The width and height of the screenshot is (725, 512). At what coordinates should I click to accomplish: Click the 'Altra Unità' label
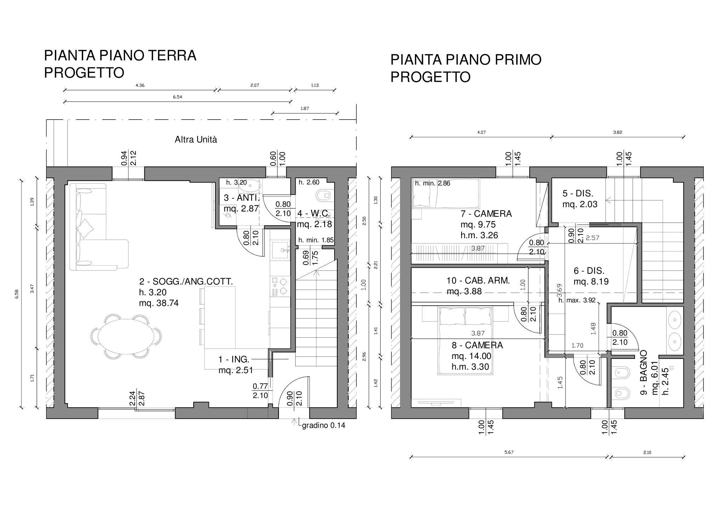click(196, 140)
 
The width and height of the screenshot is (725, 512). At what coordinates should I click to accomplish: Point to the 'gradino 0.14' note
click(323, 426)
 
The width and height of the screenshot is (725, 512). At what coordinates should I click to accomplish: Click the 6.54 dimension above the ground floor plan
click(177, 97)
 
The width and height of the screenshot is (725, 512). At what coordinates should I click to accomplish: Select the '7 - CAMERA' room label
click(486, 214)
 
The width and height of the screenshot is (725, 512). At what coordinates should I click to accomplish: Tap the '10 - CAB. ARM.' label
click(478, 281)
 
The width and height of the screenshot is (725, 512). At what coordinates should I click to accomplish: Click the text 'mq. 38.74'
click(159, 303)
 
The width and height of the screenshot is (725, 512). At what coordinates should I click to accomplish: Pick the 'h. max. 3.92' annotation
click(577, 301)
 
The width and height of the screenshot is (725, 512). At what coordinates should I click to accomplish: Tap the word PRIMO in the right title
click(518, 60)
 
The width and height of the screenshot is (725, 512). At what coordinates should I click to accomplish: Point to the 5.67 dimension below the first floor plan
click(509, 452)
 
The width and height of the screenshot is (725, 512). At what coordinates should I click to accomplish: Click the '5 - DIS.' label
click(578, 193)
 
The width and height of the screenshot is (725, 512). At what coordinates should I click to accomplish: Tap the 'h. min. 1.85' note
click(316, 240)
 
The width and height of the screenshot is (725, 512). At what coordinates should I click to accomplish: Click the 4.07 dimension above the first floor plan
click(481, 133)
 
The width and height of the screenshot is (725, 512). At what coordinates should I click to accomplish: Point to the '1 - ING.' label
click(234, 360)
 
